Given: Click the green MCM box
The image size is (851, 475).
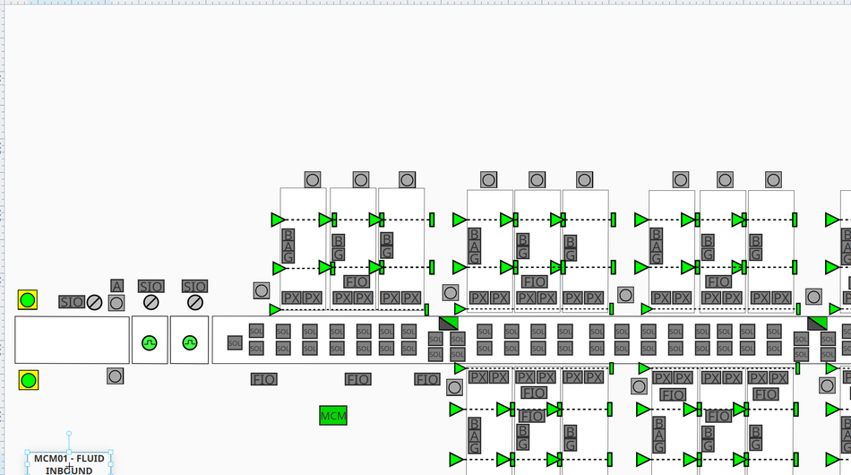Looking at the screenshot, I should point(333,416).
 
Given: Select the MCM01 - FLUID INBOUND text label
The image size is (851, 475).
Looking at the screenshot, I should point(69,463).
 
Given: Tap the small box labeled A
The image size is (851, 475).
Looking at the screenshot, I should point(116,286).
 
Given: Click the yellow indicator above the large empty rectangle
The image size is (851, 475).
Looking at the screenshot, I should point(28,300).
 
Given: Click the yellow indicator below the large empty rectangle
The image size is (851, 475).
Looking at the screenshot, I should point(29,380).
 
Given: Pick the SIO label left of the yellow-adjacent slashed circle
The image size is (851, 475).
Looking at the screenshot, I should point(72,302).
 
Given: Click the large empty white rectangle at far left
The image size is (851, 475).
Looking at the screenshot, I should point(72,340).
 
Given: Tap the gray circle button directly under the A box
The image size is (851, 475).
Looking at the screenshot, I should point(116,303).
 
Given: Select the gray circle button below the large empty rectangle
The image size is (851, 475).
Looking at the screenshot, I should point(115,376).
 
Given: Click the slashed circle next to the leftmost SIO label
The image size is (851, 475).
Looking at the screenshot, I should point(94,302).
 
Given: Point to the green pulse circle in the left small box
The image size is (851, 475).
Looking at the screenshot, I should point(150,342).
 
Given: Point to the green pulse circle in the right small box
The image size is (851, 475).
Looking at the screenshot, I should point(189,342).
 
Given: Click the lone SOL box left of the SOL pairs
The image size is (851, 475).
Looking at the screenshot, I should point(235,342).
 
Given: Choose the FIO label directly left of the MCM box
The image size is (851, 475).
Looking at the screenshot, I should point(263,380).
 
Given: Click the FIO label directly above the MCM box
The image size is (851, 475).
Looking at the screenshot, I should point(358,380).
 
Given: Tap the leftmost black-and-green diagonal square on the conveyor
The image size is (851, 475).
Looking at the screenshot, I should point(449,323).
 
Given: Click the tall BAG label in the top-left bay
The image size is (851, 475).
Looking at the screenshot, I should point(288,246).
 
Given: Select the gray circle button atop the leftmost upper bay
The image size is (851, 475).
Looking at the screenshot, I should point(312,180).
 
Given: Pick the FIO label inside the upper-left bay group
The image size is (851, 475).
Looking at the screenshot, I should point(357,281).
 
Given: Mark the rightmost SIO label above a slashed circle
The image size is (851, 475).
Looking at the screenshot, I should point(194,287).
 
